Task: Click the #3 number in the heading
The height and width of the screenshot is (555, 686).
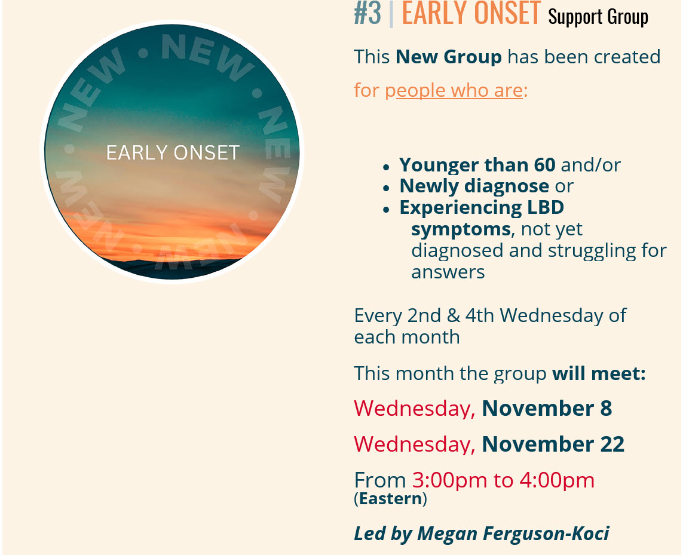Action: click(x=367, y=13)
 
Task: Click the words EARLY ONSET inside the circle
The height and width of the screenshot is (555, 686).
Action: click(x=173, y=152)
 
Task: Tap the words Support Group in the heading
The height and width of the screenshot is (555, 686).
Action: click(x=598, y=17)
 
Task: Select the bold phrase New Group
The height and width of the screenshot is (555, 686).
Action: click(x=448, y=57)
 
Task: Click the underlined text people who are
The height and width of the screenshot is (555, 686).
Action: click(x=454, y=91)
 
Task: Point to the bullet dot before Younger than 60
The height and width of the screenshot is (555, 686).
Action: click(x=386, y=167)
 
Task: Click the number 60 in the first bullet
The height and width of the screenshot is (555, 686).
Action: click(x=545, y=165)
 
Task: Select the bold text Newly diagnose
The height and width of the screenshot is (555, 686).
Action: click(x=474, y=186)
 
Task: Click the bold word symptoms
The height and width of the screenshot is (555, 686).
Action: click(x=461, y=229)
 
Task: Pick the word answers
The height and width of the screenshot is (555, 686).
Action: click(x=448, y=272)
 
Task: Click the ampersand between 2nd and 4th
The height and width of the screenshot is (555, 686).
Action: click(x=453, y=316)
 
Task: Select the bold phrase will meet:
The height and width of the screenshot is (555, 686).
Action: click(x=599, y=373)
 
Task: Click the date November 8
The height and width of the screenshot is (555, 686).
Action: click(x=547, y=408)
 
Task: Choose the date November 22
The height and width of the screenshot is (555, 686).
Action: click(x=553, y=444)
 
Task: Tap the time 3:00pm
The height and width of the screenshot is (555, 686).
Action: click(x=450, y=480)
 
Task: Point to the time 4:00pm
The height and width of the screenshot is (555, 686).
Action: click(x=557, y=480)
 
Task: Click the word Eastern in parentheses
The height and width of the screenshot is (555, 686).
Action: click(x=390, y=499)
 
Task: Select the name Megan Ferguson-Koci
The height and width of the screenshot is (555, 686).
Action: click(x=513, y=534)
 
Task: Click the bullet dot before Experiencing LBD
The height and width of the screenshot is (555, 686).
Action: click(x=386, y=210)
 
